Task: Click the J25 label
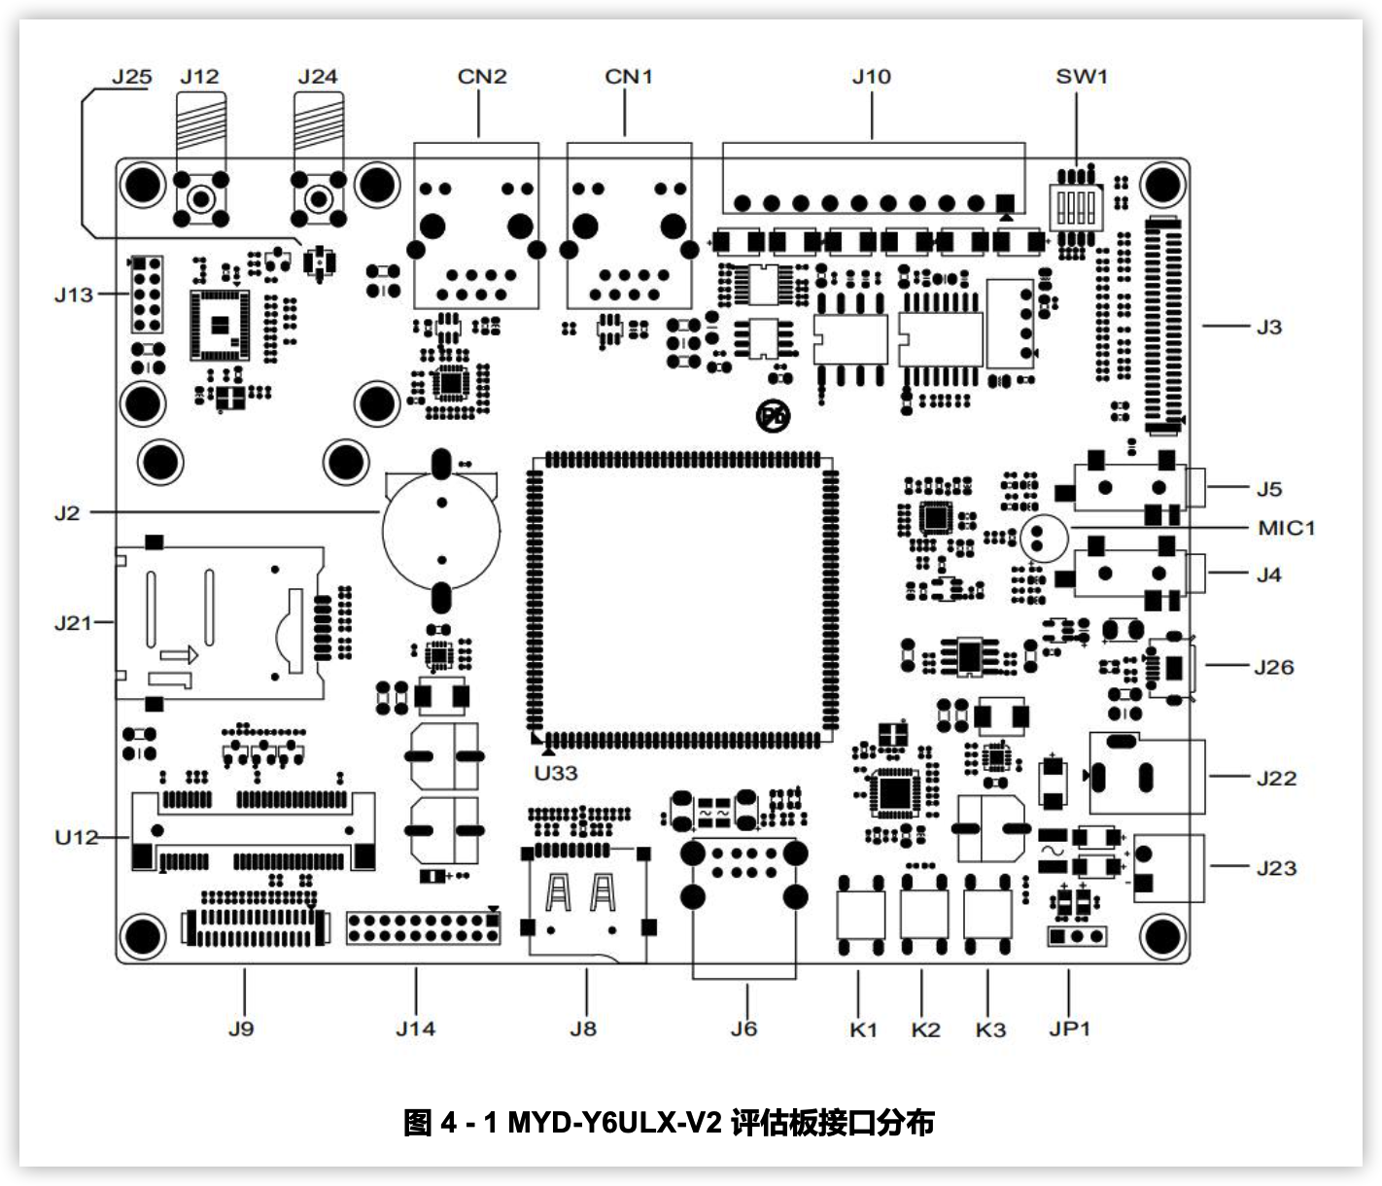click(132, 77)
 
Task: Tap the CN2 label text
click(482, 77)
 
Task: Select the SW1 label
click(1081, 77)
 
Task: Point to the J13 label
click(74, 295)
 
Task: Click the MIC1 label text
click(1287, 529)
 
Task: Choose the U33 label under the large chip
click(556, 773)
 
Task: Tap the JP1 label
click(1069, 1029)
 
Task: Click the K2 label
click(925, 1029)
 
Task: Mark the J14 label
click(415, 1029)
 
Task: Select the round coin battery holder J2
click(441, 531)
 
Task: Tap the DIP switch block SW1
click(1077, 207)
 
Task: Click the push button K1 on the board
click(860, 915)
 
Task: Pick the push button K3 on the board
click(987, 915)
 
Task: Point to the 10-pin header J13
click(147, 295)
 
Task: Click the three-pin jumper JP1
click(1077, 936)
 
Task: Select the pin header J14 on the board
click(423, 928)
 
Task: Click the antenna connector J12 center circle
click(200, 198)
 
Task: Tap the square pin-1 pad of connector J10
click(1005, 202)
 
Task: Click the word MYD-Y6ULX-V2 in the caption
click(615, 1122)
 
